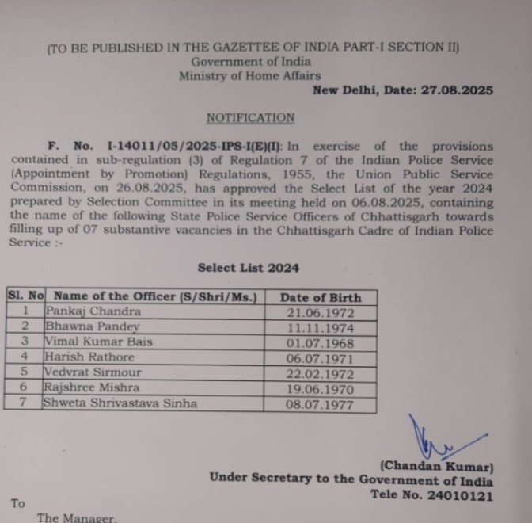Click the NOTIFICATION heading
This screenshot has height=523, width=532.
tap(250, 118)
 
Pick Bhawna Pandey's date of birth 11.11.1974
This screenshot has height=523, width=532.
tap(320, 326)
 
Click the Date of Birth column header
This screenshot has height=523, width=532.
tap(321, 297)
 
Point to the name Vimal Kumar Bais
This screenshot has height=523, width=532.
tap(98, 342)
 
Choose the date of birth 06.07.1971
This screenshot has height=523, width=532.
tap(320, 357)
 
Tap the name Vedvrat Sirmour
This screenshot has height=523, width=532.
tap(93, 372)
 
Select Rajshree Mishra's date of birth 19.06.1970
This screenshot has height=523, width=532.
tap(320, 388)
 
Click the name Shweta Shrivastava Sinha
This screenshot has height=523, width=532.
tap(120, 403)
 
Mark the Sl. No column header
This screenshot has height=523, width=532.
tap(25, 296)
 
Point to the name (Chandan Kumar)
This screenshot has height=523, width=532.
tap(436, 466)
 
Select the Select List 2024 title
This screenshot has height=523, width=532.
tap(248, 268)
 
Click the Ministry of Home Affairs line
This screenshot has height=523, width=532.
tap(249, 76)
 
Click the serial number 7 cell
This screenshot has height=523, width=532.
tap(25, 403)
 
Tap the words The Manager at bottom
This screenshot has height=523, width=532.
tap(76, 518)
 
